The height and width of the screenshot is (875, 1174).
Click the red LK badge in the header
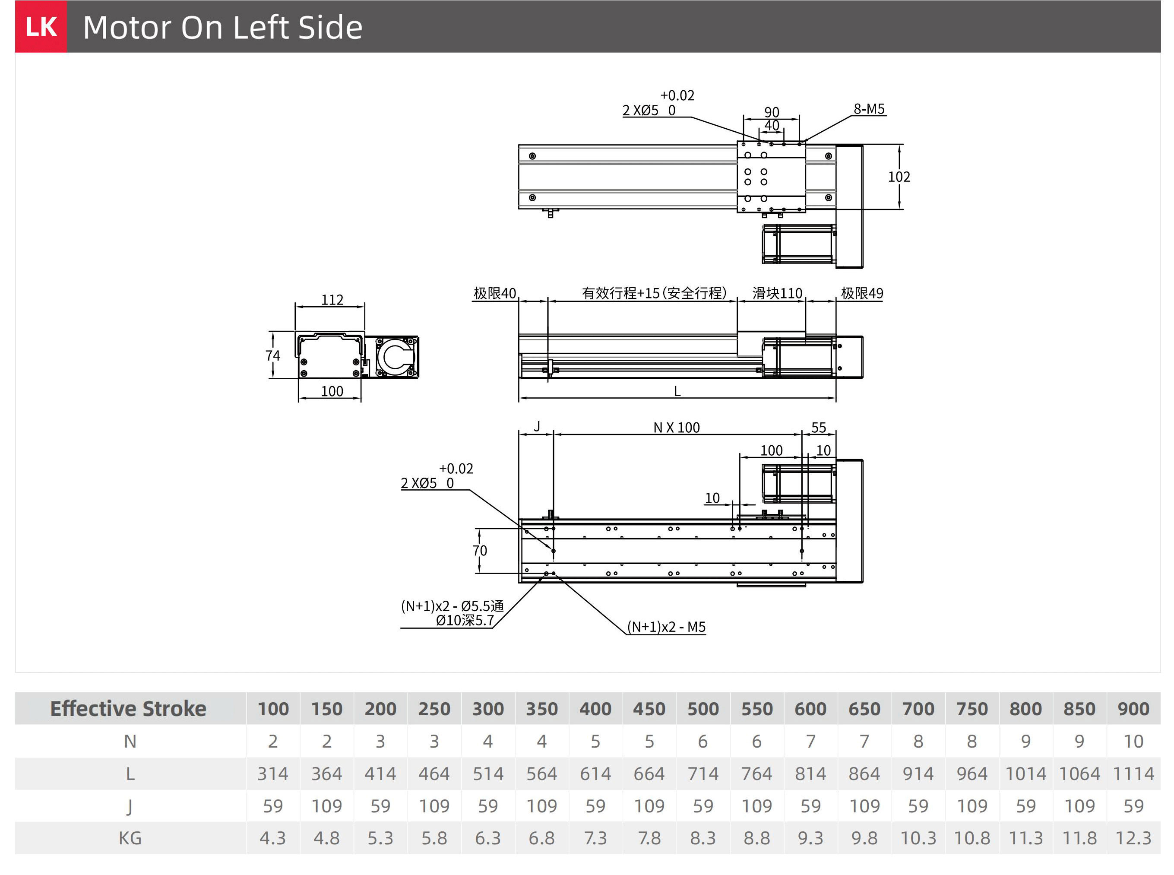coord(41,26)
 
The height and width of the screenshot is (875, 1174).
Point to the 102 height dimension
coord(899,177)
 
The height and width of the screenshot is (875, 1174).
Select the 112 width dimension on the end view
coord(332,300)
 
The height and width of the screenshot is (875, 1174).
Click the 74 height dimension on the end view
coord(273,355)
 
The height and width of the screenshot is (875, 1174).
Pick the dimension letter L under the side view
coord(677,391)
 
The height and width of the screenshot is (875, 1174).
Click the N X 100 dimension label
coord(676,428)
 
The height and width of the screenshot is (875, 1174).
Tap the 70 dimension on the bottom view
coord(479,551)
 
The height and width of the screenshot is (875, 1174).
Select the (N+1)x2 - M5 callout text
coord(666,627)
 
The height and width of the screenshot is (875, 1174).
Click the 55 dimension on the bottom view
coord(818,428)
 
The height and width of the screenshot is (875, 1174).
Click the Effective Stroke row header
coord(128,709)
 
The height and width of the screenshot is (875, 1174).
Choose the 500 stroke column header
coord(703,709)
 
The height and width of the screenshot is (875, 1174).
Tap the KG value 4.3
coord(273,838)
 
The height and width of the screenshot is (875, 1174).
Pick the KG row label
coord(130,838)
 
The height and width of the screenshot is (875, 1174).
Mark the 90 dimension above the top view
coord(772,112)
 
